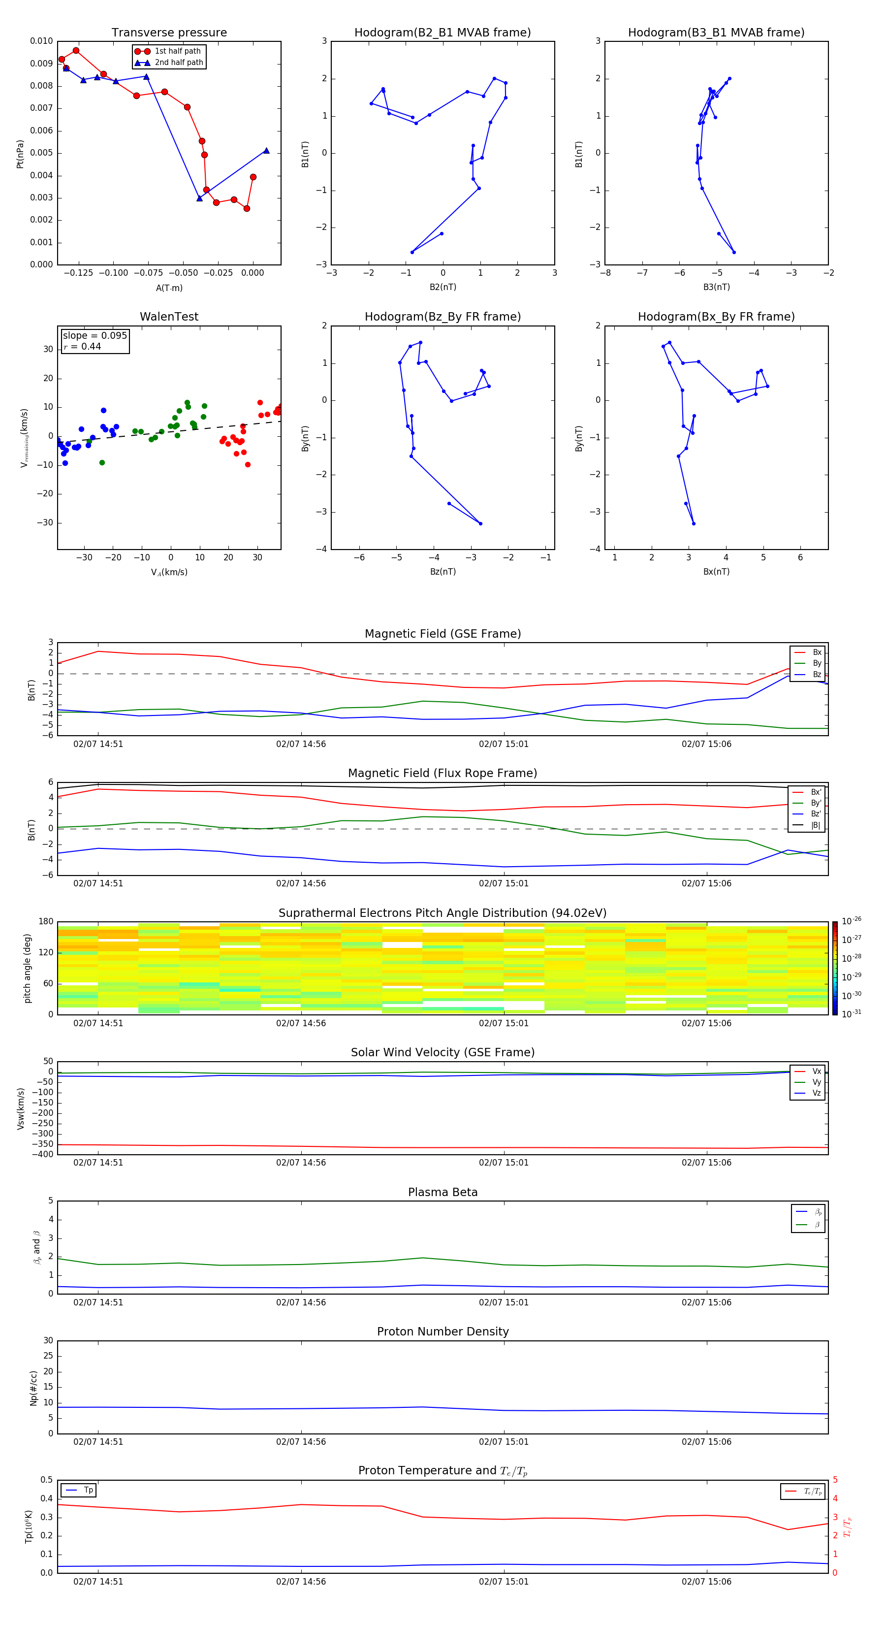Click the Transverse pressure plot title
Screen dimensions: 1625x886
[x=169, y=33]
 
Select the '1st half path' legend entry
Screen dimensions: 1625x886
[x=177, y=51]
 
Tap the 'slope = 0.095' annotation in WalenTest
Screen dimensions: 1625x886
[x=95, y=336]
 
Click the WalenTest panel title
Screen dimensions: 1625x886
[x=169, y=317]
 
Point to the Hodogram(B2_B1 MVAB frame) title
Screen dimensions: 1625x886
[x=442, y=33]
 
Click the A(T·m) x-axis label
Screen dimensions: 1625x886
[x=169, y=288]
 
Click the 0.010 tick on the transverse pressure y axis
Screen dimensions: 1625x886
[x=42, y=41]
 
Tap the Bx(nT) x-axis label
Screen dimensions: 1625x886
[x=716, y=572]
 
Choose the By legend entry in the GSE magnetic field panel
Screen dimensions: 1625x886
[x=817, y=663]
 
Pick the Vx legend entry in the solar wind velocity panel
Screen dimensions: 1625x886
[x=816, y=1071]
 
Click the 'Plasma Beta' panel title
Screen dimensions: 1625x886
[x=442, y=1192]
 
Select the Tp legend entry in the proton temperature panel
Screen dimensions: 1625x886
[x=88, y=1490]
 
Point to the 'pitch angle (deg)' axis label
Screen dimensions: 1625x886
[x=27, y=968]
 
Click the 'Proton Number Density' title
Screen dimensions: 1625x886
[x=442, y=1332]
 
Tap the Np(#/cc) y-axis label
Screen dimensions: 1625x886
[x=33, y=1388]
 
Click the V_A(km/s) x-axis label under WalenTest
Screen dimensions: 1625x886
[x=169, y=572]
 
